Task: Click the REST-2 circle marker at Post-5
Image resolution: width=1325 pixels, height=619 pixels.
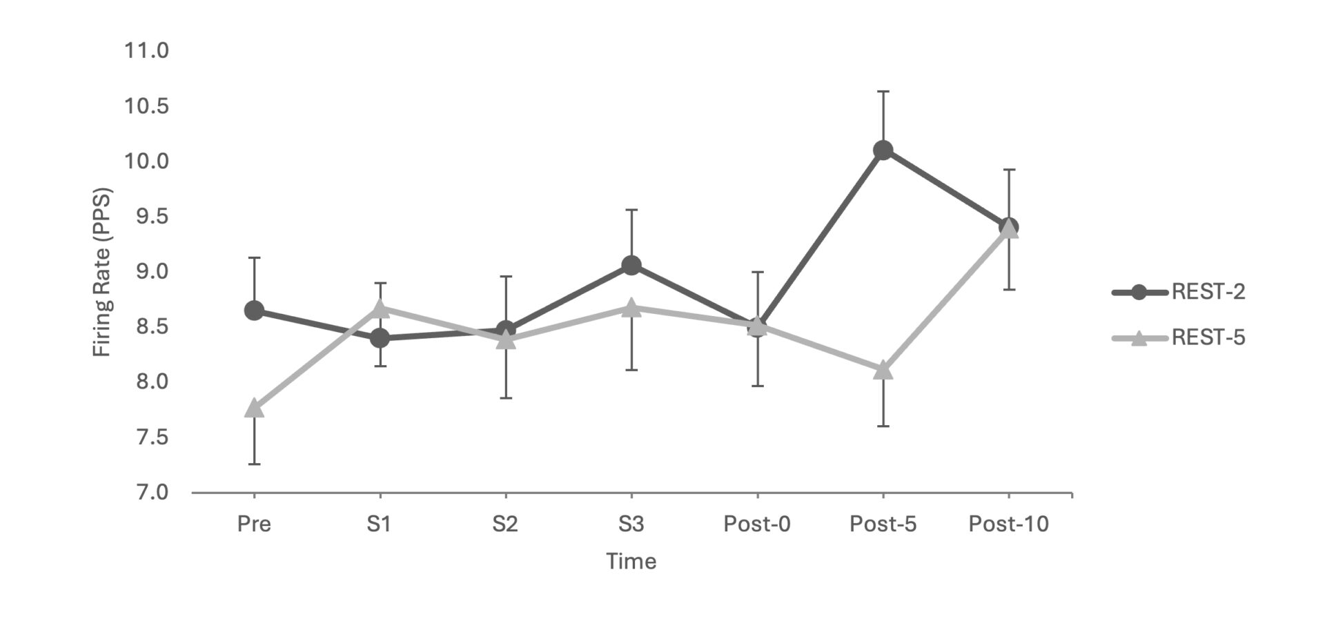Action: click(x=883, y=150)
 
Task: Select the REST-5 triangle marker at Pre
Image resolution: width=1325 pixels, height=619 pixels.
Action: click(x=254, y=408)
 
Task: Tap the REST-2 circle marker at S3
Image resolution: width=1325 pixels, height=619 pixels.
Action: click(x=631, y=265)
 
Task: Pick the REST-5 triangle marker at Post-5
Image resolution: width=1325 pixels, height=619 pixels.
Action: click(x=883, y=371)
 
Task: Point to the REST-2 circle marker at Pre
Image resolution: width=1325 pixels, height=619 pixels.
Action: click(x=254, y=311)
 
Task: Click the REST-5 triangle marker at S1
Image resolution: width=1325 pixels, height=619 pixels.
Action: click(x=380, y=309)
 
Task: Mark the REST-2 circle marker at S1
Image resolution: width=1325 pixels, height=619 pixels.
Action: click(x=380, y=338)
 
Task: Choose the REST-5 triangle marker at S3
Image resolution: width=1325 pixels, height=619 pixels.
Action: click(x=631, y=308)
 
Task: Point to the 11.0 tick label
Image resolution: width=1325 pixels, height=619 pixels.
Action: click(x=146, y=50)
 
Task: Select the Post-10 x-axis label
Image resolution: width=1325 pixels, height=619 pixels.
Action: click(x=1008, y=524)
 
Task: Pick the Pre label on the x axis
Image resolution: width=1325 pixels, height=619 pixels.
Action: click(x=254, y=524)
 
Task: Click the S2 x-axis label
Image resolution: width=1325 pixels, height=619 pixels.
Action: click(x=505, y=524)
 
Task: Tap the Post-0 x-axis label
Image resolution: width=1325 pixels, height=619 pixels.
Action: click(x=757, y=524)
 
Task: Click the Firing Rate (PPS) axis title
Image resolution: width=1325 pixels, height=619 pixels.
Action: click(x=102, y=272)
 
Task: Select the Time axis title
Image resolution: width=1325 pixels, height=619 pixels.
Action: click(x=631, y=561)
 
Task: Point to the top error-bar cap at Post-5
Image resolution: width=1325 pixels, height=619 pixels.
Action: click(x=883, y=91)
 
